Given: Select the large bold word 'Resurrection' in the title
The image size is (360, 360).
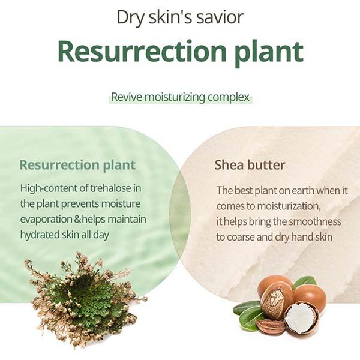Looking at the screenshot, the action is click(142, 51).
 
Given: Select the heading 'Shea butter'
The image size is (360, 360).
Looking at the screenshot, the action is click(250, 165).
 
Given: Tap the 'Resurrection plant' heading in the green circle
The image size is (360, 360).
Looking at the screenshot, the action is click(77, 166).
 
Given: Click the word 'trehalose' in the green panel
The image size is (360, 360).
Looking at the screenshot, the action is click(110, 188).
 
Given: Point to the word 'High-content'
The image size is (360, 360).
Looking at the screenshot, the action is click(49, 188).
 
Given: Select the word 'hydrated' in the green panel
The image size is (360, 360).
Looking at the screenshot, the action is click(40, 235).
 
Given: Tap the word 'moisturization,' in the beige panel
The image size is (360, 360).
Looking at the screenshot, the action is click(289, 206).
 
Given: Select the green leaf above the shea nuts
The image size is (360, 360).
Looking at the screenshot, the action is click(304, 283).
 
